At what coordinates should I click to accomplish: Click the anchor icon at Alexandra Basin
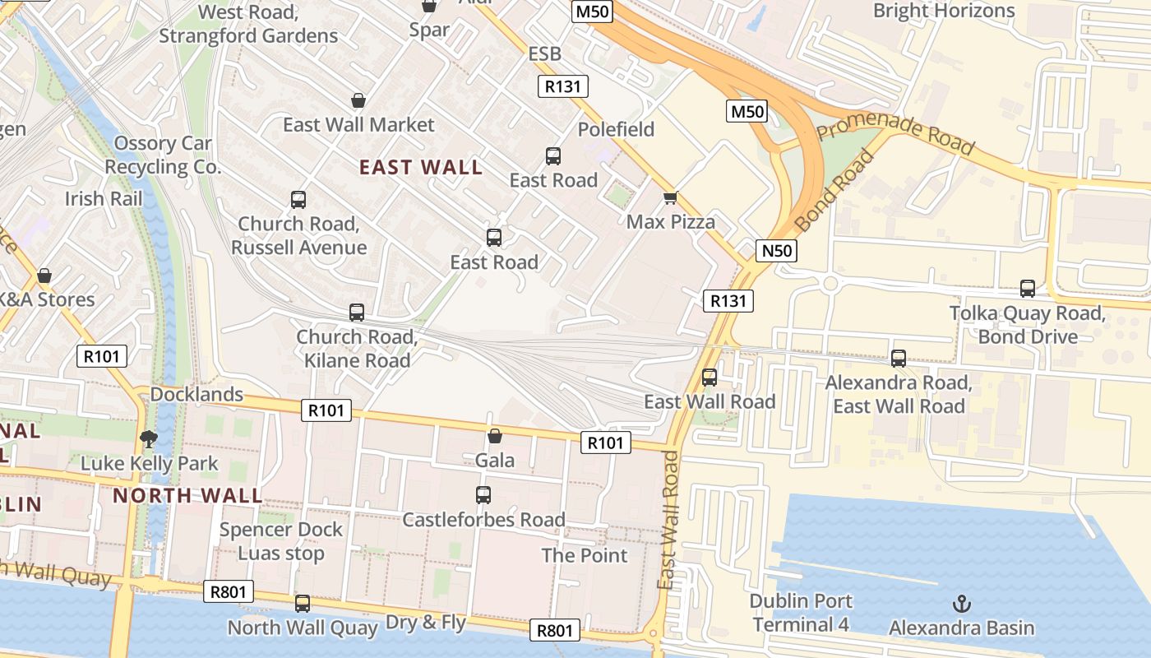click(961, 604)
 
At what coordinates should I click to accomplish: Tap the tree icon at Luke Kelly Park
click(149, 438)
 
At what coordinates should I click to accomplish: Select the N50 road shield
click(775, 250)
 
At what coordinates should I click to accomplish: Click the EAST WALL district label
click(421, 167)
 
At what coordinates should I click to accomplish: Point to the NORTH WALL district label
click(187, 495)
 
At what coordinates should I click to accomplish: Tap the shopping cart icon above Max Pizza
click(670, 197)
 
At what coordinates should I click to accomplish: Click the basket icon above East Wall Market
click(358, 100)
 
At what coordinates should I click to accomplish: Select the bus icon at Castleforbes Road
click(483, 495)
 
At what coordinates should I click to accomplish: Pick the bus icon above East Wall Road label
click(710, 378)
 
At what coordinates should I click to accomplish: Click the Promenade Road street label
click(895, 134)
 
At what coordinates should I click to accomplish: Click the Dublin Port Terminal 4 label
click(801, 613)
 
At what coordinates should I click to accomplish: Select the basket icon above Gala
click(495, 436)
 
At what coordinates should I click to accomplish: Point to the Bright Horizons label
click(944, 11)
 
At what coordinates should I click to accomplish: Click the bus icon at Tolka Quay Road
click(1028, 289)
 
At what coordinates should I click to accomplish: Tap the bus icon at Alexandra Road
click(899, 359)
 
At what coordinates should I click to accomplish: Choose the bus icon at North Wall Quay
click(303, 604)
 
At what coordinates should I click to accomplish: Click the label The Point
click(585, 555)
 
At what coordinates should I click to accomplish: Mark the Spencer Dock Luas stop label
click(280, 541)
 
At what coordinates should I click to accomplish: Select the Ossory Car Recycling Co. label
click(163, 155)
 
